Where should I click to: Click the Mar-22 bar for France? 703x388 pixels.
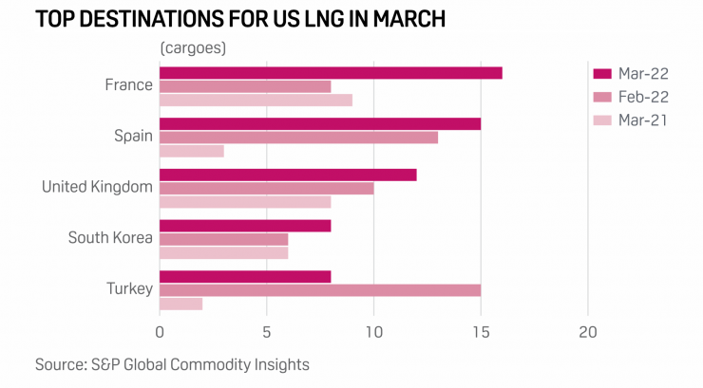coord(331,73)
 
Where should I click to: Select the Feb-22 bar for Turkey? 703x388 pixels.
coord(320,289)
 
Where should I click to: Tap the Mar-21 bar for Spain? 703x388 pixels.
coord(192,151)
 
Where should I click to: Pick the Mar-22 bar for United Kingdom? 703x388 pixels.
coord(288,175)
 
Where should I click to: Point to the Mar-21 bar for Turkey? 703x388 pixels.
coord(180,304)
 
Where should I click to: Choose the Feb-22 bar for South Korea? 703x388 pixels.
coord(223,239)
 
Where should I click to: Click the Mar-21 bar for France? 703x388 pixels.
coord(256,100)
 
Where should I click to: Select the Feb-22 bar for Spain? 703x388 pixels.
coord(298,137)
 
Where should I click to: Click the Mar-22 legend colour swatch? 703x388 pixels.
coord(601,73)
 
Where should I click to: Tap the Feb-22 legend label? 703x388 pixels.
coord(642,97)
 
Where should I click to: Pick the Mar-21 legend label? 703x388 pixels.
coord(642,120)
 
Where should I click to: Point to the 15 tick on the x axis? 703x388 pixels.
coord(481,332)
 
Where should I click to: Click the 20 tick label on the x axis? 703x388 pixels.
coord(588,332)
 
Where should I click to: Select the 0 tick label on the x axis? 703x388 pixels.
coord(160,332)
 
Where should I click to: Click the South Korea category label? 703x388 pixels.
coord(110,238)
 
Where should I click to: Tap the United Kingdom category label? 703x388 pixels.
coord(97,187)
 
